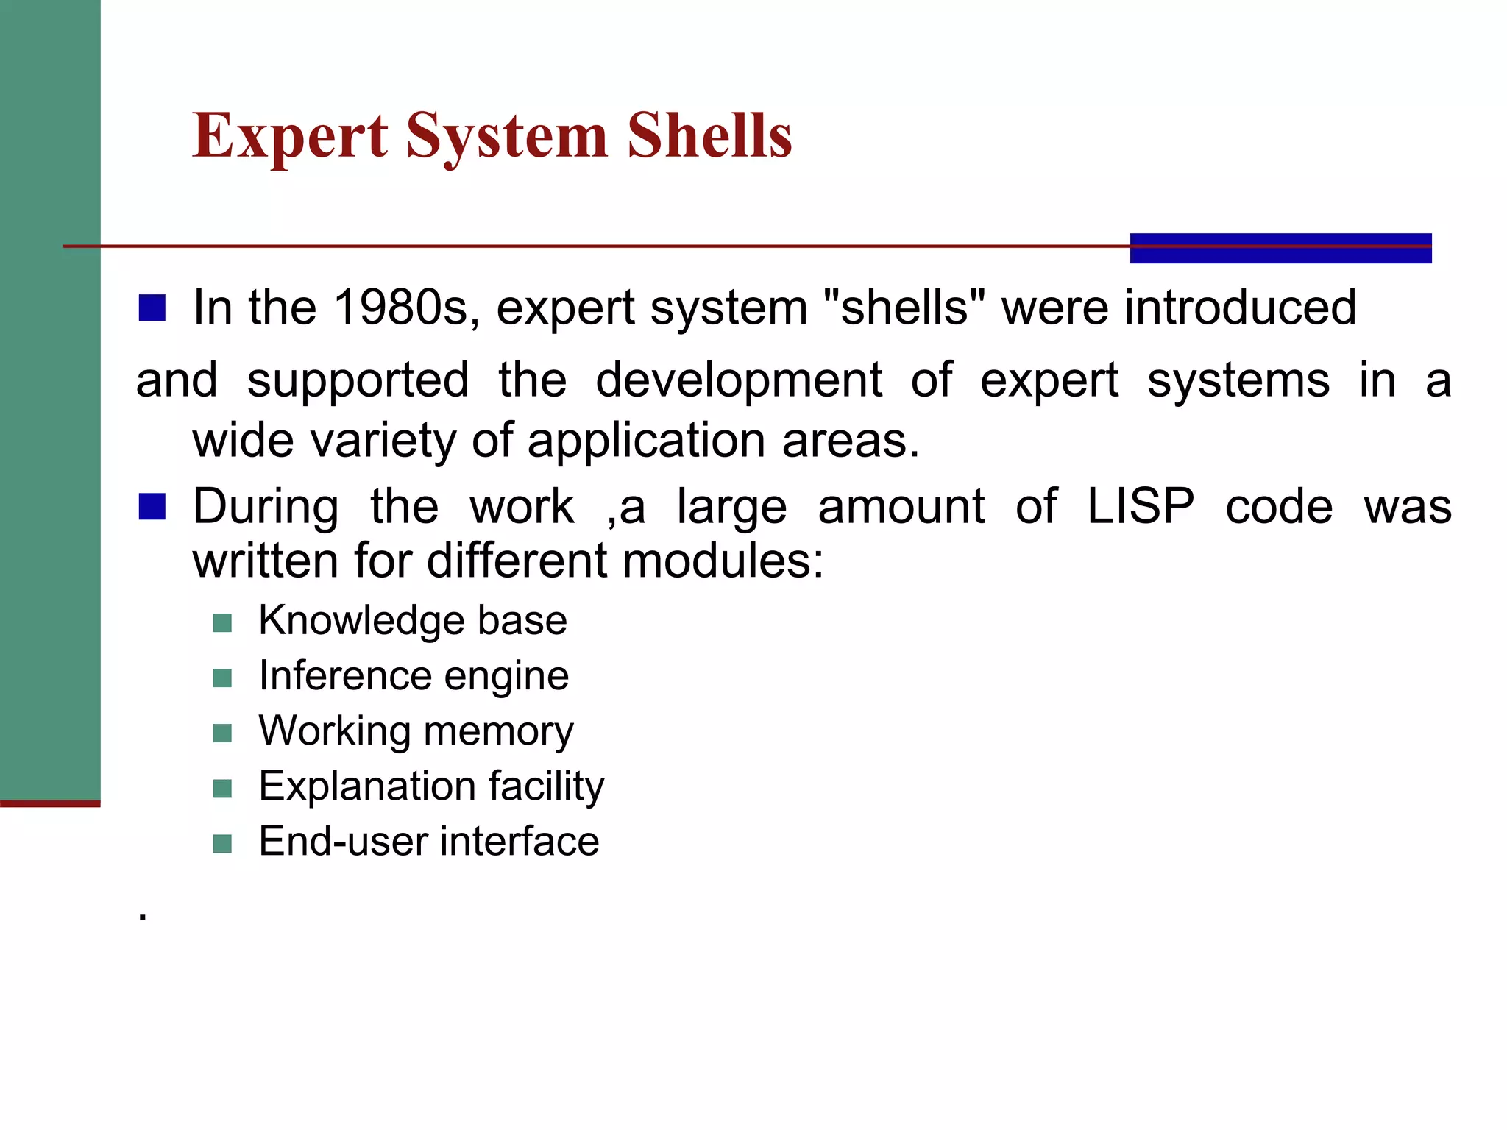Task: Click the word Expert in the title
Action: [x=290, y=136]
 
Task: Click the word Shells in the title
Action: [x=709, y=136]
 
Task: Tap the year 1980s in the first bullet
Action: [x=401, y=308]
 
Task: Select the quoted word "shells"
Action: [x=904, y=308]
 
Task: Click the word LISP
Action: [x=1141, y=507]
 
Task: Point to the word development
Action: [x=739, y=381]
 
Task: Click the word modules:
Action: [x=723, y=561]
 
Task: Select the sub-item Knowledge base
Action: [x=413, y=621]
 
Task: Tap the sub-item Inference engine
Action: [x=414, y=676]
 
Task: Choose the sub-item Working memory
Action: [x=416, y=731]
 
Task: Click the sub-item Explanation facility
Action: [x=431, y=786]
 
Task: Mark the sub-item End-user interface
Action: [x=429, y=842]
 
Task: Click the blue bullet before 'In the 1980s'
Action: [x=152, y=308]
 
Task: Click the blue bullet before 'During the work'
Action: [x=152, y=507]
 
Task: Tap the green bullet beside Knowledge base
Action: [x=222, y=623]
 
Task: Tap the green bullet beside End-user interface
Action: [x=222, y=844]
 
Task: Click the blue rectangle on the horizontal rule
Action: [x=1280, y=248]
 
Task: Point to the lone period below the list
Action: [x=143, y=917]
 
